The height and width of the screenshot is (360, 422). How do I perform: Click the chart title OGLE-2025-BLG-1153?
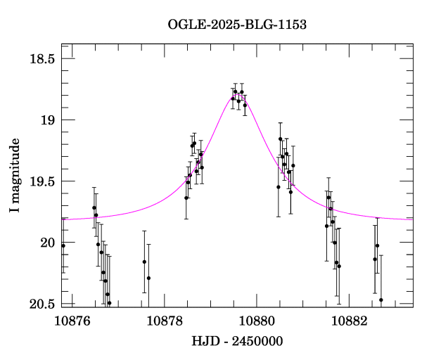point(237,25)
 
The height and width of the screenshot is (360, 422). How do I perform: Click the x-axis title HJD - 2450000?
point(237,342)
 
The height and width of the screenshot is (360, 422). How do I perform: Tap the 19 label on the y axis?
point(47,120)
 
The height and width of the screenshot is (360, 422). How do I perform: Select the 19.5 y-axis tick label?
point(41,181)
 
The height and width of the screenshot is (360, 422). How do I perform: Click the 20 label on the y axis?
point(47,243)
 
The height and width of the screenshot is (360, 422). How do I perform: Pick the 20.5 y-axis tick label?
point(41,304)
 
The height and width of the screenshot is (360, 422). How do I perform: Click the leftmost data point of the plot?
point(63,245)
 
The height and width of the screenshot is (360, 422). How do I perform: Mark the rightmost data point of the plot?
point(381,300)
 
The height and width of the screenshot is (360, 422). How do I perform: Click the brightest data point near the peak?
point(236,91)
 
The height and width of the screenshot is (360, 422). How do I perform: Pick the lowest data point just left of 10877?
point(109,303)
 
